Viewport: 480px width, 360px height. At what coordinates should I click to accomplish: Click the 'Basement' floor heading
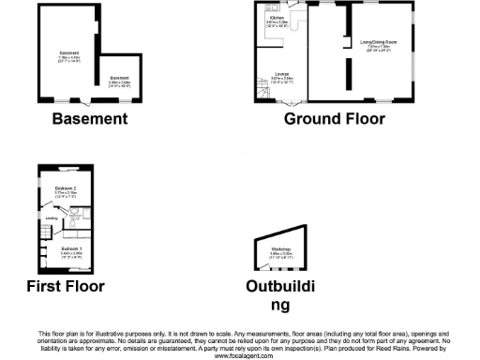point(89,118)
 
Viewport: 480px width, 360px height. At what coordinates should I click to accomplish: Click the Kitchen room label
point(277,18)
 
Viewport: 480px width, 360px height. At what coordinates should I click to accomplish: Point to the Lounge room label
point(281,72)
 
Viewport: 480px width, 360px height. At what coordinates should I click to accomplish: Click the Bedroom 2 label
point(52,189)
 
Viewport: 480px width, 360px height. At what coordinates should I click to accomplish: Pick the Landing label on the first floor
point(50,221)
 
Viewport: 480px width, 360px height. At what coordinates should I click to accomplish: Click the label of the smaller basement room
point(119,78)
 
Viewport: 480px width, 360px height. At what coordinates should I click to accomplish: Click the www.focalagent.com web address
point(240,355)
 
